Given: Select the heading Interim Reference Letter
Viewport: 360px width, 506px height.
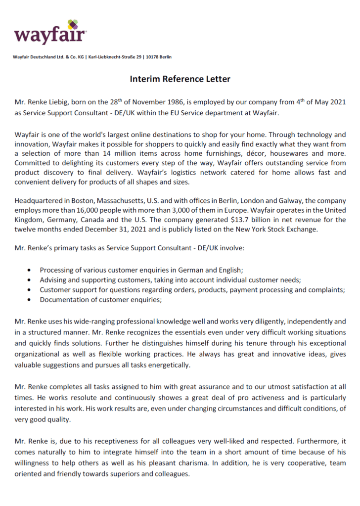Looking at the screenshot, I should coord(180,79).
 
